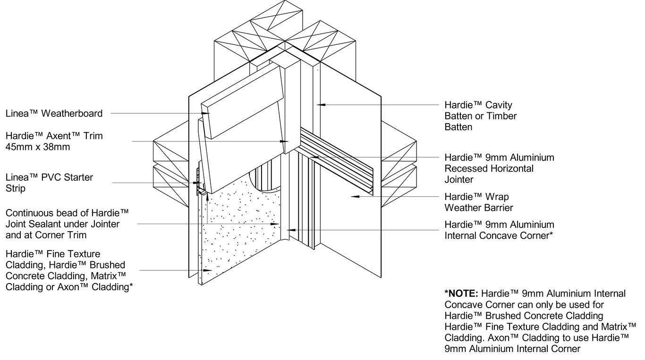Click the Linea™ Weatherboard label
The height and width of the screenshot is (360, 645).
point(54,113)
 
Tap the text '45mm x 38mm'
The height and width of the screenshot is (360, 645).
point(38,147)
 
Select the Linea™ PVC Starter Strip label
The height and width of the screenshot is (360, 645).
point(49,183)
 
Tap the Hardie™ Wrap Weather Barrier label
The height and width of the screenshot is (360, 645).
point(478,202)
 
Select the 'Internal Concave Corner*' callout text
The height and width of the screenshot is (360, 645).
point(499,235)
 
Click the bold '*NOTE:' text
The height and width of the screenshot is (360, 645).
point(461,294)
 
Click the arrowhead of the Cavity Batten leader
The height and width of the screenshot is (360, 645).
point(320,104)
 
